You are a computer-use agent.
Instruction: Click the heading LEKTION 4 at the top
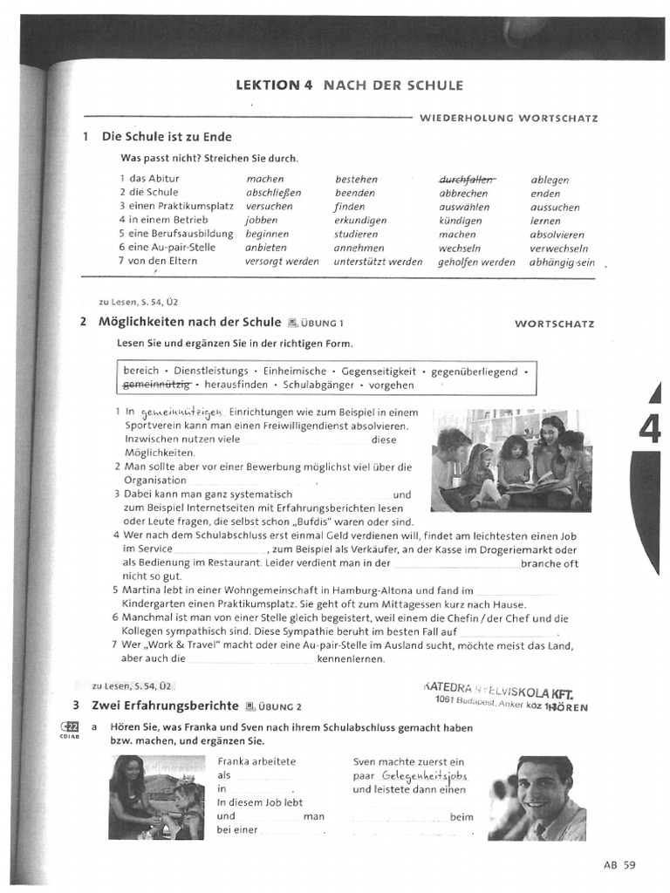click(x=276, y=85)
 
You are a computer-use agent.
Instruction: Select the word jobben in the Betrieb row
click(x=262, y=221)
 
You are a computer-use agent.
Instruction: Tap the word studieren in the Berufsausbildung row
click(x=356, y=234)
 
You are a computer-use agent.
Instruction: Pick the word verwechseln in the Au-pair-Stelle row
click(x=558, y=248)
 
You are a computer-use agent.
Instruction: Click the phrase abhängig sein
click(x=562, y=262)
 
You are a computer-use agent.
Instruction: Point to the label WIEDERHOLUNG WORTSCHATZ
click(x=509, y=118)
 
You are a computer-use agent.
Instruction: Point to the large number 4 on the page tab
click(x=649, y=429)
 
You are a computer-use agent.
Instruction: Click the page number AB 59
click(x=619, y=865)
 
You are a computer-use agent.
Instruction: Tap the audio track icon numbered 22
click(x=70, y=727)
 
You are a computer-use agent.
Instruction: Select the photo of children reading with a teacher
click(x=510, y=460)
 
